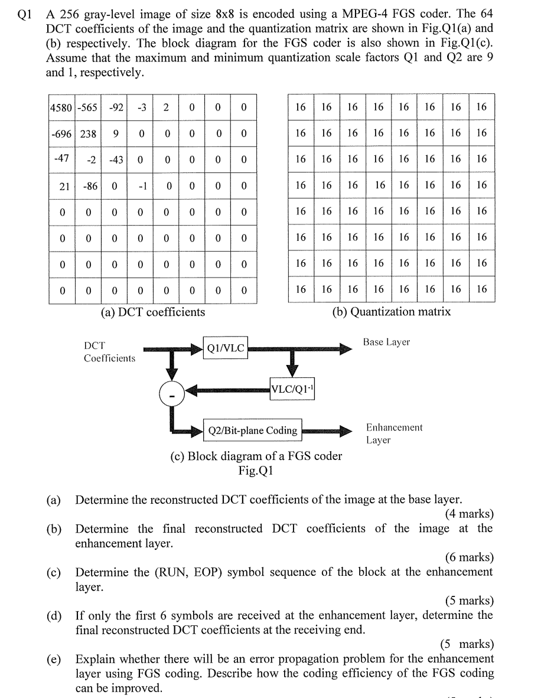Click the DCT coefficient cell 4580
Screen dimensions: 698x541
[61, 107]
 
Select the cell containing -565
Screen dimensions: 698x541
[88, 107]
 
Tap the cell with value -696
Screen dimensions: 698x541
[61, 133]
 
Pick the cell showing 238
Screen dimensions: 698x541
[88, 133]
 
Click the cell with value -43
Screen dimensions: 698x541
[115, 159]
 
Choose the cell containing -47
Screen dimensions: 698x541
[61, 159]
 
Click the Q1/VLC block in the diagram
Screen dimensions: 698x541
[225, 348]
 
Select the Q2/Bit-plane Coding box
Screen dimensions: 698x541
[252, 430]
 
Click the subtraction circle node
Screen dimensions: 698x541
[172, 393]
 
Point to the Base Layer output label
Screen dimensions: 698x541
[386, 342]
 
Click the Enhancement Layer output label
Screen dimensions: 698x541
[394, 433]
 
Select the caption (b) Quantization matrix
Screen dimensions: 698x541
[392, 312]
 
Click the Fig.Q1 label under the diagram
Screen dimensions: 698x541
[255, 471]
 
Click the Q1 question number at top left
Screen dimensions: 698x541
[24, 14]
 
